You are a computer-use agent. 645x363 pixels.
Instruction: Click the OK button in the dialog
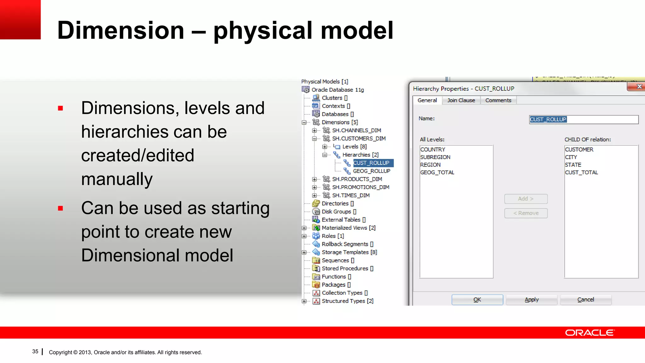477,300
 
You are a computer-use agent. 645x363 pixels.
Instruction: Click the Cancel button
585,300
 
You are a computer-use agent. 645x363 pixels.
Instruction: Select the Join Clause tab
461,100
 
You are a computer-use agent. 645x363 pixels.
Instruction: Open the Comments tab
498,100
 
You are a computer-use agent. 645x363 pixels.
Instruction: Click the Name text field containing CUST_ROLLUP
583,119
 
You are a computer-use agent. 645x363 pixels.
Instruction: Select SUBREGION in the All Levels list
435,157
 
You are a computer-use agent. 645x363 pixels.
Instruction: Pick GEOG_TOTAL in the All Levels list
437,172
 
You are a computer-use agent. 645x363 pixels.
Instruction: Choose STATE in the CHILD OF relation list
573,165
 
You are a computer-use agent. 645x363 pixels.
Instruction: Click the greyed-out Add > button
526,199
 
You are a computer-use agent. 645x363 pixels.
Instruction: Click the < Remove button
526,213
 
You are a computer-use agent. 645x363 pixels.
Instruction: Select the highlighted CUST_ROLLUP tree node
371,163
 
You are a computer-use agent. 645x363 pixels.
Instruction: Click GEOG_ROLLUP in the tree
371,171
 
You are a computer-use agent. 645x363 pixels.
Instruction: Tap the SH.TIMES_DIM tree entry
351,195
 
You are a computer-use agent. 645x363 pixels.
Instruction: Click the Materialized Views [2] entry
348,228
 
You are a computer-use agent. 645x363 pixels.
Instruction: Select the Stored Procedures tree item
347,268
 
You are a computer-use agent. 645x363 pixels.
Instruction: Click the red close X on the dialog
639,86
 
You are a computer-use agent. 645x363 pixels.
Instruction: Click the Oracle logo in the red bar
589,333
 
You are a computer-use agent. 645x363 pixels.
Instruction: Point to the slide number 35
35,352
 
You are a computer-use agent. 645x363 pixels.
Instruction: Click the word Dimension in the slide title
121,30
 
